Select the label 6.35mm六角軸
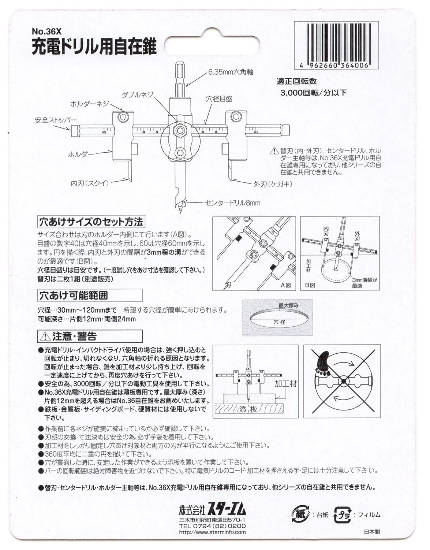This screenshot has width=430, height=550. [x=231, y=72]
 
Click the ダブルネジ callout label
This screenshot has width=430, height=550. [x=138, y=94]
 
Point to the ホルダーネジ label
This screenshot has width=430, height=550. [x=90, y=104]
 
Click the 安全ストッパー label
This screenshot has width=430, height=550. [x=56, y=120]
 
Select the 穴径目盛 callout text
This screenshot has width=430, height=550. [x=219, y=99]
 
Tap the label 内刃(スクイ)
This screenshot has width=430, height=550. [x=90, y=183]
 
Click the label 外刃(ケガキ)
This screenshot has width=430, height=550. [x=268, y=184]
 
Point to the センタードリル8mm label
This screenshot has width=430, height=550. [x=232, y=202]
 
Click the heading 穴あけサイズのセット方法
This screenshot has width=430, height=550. [x=91, y=222]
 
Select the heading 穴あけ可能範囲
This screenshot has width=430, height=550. [x=74, y=295]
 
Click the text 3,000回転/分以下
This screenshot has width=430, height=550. [x=313, y=92]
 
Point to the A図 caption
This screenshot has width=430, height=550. [x=285, y=285]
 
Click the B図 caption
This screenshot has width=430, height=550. [x=310, y=285]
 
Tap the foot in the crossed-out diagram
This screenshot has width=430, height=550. [x=324, y=364]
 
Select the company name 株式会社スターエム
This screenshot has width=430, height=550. [x=212, y=510]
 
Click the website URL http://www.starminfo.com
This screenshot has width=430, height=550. [x=212, y=532]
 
